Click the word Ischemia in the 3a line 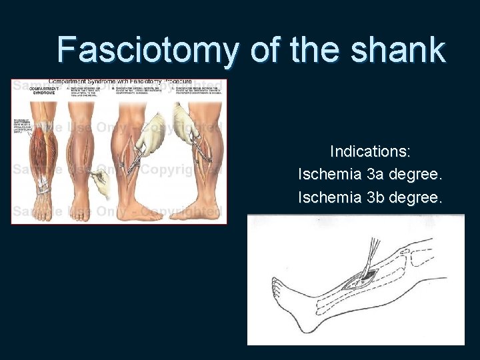[x=329, y=175]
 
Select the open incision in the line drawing [x=363, y=277]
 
